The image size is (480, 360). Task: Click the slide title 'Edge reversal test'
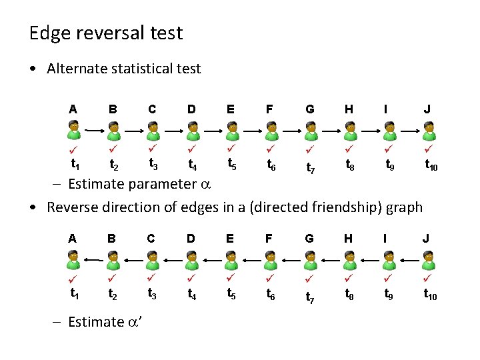coord(106,33)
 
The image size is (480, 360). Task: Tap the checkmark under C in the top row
coord(153,146)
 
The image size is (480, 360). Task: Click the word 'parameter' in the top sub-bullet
coord(156,184)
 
